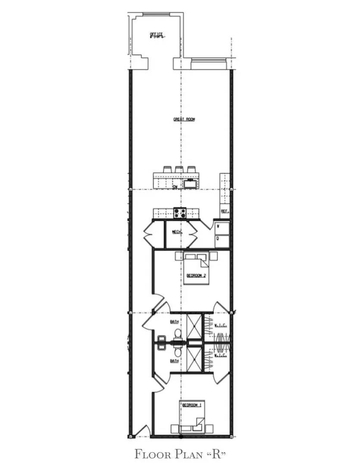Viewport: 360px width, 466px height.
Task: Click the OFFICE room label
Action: [x=156, y=35]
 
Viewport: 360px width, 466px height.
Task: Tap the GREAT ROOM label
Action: [x=184, y=119]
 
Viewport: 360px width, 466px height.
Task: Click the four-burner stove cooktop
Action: [x=180, y=212]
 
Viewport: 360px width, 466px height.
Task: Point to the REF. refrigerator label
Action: [x=224, y=211]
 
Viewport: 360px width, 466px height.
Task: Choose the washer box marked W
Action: [x=222, y=227]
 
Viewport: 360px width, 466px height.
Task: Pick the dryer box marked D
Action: [x=222, y=239]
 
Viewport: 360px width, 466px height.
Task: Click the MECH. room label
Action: [x=177, y=232]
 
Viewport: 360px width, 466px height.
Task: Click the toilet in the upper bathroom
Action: [x=178, y=334]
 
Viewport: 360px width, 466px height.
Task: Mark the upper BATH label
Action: [x=174, y=321]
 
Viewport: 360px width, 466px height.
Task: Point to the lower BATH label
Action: [x=174, y=361]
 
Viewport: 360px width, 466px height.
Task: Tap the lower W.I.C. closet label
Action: [x=221, y=356]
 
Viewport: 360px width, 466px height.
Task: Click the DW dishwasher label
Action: [x=175, y=187]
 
